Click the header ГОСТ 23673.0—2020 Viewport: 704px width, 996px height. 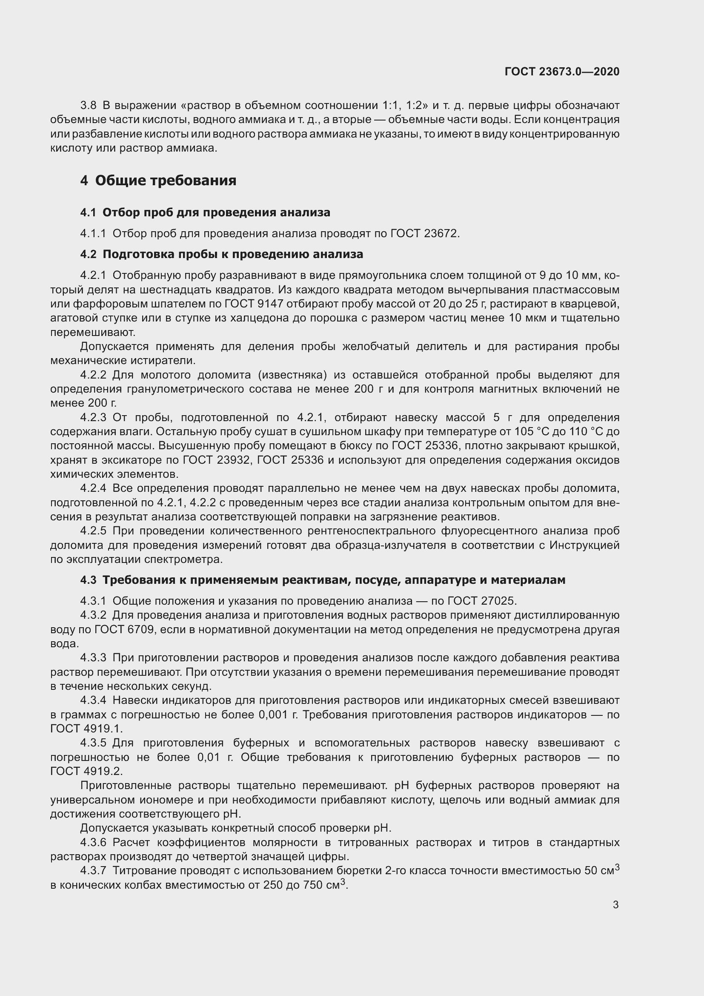(562, 72)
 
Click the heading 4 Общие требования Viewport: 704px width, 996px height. (158, 181)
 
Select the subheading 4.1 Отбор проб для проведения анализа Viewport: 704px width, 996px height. (205, 212)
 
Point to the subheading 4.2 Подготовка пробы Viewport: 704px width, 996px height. (221, 254)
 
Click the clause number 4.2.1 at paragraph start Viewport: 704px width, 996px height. (93, 276)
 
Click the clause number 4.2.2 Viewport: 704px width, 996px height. (93, 375)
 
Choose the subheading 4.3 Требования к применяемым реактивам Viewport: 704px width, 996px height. (323, 580)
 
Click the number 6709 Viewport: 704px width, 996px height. (140, 629)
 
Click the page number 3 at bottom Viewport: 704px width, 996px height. (615, 904)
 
